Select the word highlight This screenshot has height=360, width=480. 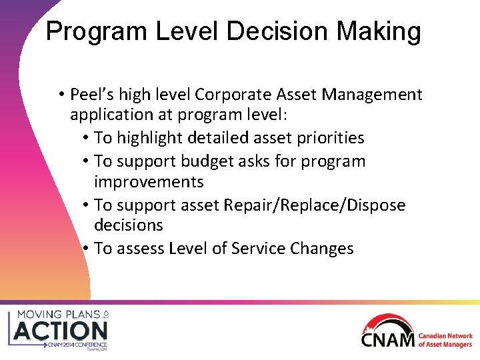coord(157,138)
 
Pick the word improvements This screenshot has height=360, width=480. coord(149,182)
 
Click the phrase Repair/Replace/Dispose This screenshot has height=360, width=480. coord(314,205)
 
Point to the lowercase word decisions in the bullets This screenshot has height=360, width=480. coord(129,225)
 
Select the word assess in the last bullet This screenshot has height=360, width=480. coord(139,249)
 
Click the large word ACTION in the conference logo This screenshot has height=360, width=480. coord(61,330)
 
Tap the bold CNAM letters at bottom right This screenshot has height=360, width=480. coord(388,339)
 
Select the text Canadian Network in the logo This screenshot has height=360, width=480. coord(445,337)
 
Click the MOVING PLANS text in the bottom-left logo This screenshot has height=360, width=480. coord(57,313)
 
